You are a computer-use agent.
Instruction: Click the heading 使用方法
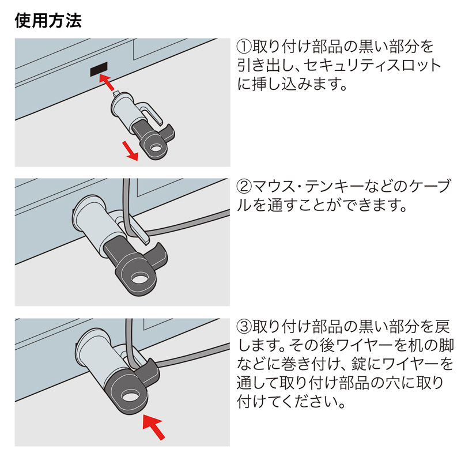pyautogui.click(x=48, y=21)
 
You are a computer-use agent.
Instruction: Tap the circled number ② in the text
pyautogui.click(x=244, y=187)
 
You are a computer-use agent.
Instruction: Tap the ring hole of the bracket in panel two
pyautogui.click(x=140, y=279)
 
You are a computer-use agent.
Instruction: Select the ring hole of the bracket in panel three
pyautogui.click(x=131, y=398)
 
